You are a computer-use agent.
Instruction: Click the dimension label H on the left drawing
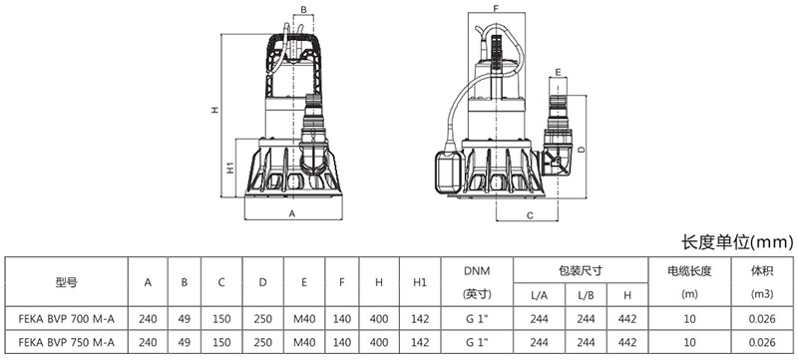(x=215, y=110)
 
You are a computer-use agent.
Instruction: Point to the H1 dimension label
(x=230, y=168)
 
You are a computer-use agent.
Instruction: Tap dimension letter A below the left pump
(x=292, y=214)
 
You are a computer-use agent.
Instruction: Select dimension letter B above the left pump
(x=303, y=9)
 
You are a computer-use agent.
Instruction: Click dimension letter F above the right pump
(x=496, y=8)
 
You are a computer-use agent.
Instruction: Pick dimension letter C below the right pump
(x=530, y=215)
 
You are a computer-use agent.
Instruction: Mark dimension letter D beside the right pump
(x=582, y=149)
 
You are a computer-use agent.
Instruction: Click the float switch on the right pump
(x=448, y=173)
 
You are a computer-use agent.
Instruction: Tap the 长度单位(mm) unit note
(x=737, y=242)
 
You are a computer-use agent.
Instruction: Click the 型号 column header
(x=67, y=282)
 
